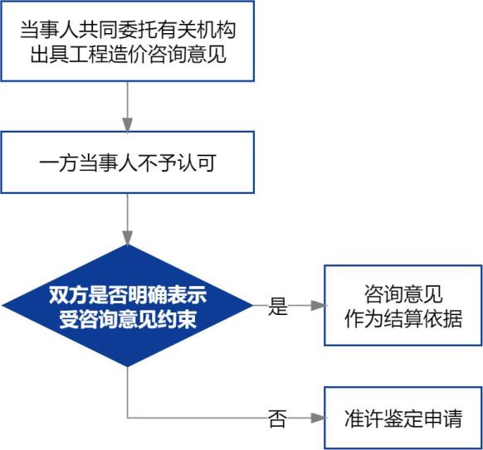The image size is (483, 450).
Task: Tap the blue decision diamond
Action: [x=128, y=306]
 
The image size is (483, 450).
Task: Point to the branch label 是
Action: [x=278, y=307]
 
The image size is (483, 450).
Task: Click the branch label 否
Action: [x=277, y=419]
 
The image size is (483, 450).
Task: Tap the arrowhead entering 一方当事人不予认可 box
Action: [x=128, y=124]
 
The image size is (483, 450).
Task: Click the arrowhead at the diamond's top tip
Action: [x=128, y=238]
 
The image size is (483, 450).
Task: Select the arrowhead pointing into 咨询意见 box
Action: [x=318, y=306]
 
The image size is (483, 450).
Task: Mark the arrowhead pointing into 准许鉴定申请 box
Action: [x=318, y=418]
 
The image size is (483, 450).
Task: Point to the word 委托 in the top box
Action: [x=138, y=30]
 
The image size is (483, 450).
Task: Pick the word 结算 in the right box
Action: [x=403, y=318]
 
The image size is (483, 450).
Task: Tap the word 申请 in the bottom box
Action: [x=442, y=419]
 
